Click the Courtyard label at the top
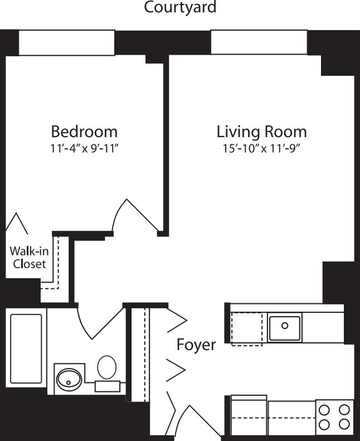tap(180, 8)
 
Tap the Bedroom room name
tap(84, 132)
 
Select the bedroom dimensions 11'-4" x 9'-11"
tap(84, 149)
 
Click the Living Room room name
tap(261, 132)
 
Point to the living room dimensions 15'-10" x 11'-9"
tap(261, 149)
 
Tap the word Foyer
tap(196, 345)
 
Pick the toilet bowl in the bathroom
tap(106, 367)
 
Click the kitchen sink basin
tap(285, 327)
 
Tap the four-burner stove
tap(334, 417)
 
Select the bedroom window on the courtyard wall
tap(67, 43)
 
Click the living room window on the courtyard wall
tap(259, 42)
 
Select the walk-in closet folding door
tap(17, 222)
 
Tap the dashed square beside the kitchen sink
tap(246, 329)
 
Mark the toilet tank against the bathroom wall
tap(108, 386)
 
